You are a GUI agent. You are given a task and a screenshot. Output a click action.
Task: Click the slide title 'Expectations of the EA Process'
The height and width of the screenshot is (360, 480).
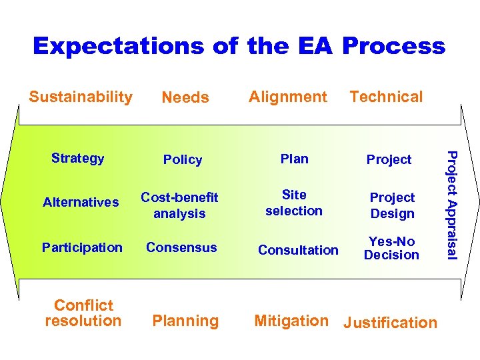(x=239, y=46)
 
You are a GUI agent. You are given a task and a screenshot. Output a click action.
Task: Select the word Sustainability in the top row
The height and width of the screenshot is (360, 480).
(x=81, y=97)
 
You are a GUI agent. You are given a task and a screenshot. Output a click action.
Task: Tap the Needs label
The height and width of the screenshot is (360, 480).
(x=185, y=97)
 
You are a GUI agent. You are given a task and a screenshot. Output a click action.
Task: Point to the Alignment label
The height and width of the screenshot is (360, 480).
(x=288, y=97)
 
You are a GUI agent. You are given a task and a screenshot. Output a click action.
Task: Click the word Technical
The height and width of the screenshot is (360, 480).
(x=386, y=97)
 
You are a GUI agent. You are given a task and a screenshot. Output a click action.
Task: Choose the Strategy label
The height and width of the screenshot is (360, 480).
(x=78, y=158)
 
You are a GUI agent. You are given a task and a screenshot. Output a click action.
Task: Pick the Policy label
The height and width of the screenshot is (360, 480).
(x=183, y=159)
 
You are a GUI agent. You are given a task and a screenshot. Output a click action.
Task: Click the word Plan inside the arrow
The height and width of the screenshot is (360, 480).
(x=294, y=159)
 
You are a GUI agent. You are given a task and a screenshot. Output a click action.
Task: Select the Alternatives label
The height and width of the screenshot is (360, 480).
(x=81, y=202)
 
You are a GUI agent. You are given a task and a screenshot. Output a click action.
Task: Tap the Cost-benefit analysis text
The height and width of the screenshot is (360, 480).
(x=179, y=205)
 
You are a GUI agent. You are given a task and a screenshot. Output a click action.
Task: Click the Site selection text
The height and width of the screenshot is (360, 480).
(x=294, y=203)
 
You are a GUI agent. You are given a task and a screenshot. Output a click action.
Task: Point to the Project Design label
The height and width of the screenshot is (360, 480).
(x=392, y=205)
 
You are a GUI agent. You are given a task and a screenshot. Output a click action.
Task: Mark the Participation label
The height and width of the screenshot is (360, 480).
(x=82, y=247)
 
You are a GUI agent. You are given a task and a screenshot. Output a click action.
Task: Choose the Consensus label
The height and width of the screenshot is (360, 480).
(x=181, y=247)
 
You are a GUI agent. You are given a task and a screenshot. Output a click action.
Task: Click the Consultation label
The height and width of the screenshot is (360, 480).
(x=298, y=250)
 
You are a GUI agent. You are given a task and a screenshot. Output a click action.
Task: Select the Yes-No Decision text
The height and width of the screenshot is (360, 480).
(x=391, y=248)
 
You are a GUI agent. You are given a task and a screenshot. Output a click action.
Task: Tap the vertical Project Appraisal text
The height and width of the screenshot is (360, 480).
(x=451, y=205)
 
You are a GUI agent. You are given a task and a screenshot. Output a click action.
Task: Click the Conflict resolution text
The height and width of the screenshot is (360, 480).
(x=83, y=313)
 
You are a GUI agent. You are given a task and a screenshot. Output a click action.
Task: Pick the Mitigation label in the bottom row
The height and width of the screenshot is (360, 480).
(x=291, y=321)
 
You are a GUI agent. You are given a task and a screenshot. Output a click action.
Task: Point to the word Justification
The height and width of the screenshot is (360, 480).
(x=390, y=323)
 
